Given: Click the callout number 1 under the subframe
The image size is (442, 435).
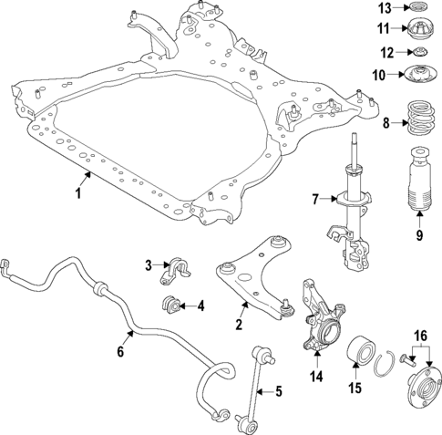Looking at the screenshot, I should click(x=78, y=194).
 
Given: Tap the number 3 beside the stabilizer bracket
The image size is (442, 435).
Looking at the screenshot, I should click(x=147, y=265).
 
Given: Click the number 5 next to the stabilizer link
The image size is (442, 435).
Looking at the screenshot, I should click(x=279, y=391).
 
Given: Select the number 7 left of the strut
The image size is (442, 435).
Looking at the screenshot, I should click(x=314, y=198).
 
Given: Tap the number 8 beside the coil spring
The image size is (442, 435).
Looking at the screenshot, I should click(x=387, y=122).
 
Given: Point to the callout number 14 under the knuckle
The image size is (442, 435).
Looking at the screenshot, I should click(x=315, y=373).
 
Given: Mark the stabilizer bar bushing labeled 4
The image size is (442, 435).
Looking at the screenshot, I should click(x=170, y=303).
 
